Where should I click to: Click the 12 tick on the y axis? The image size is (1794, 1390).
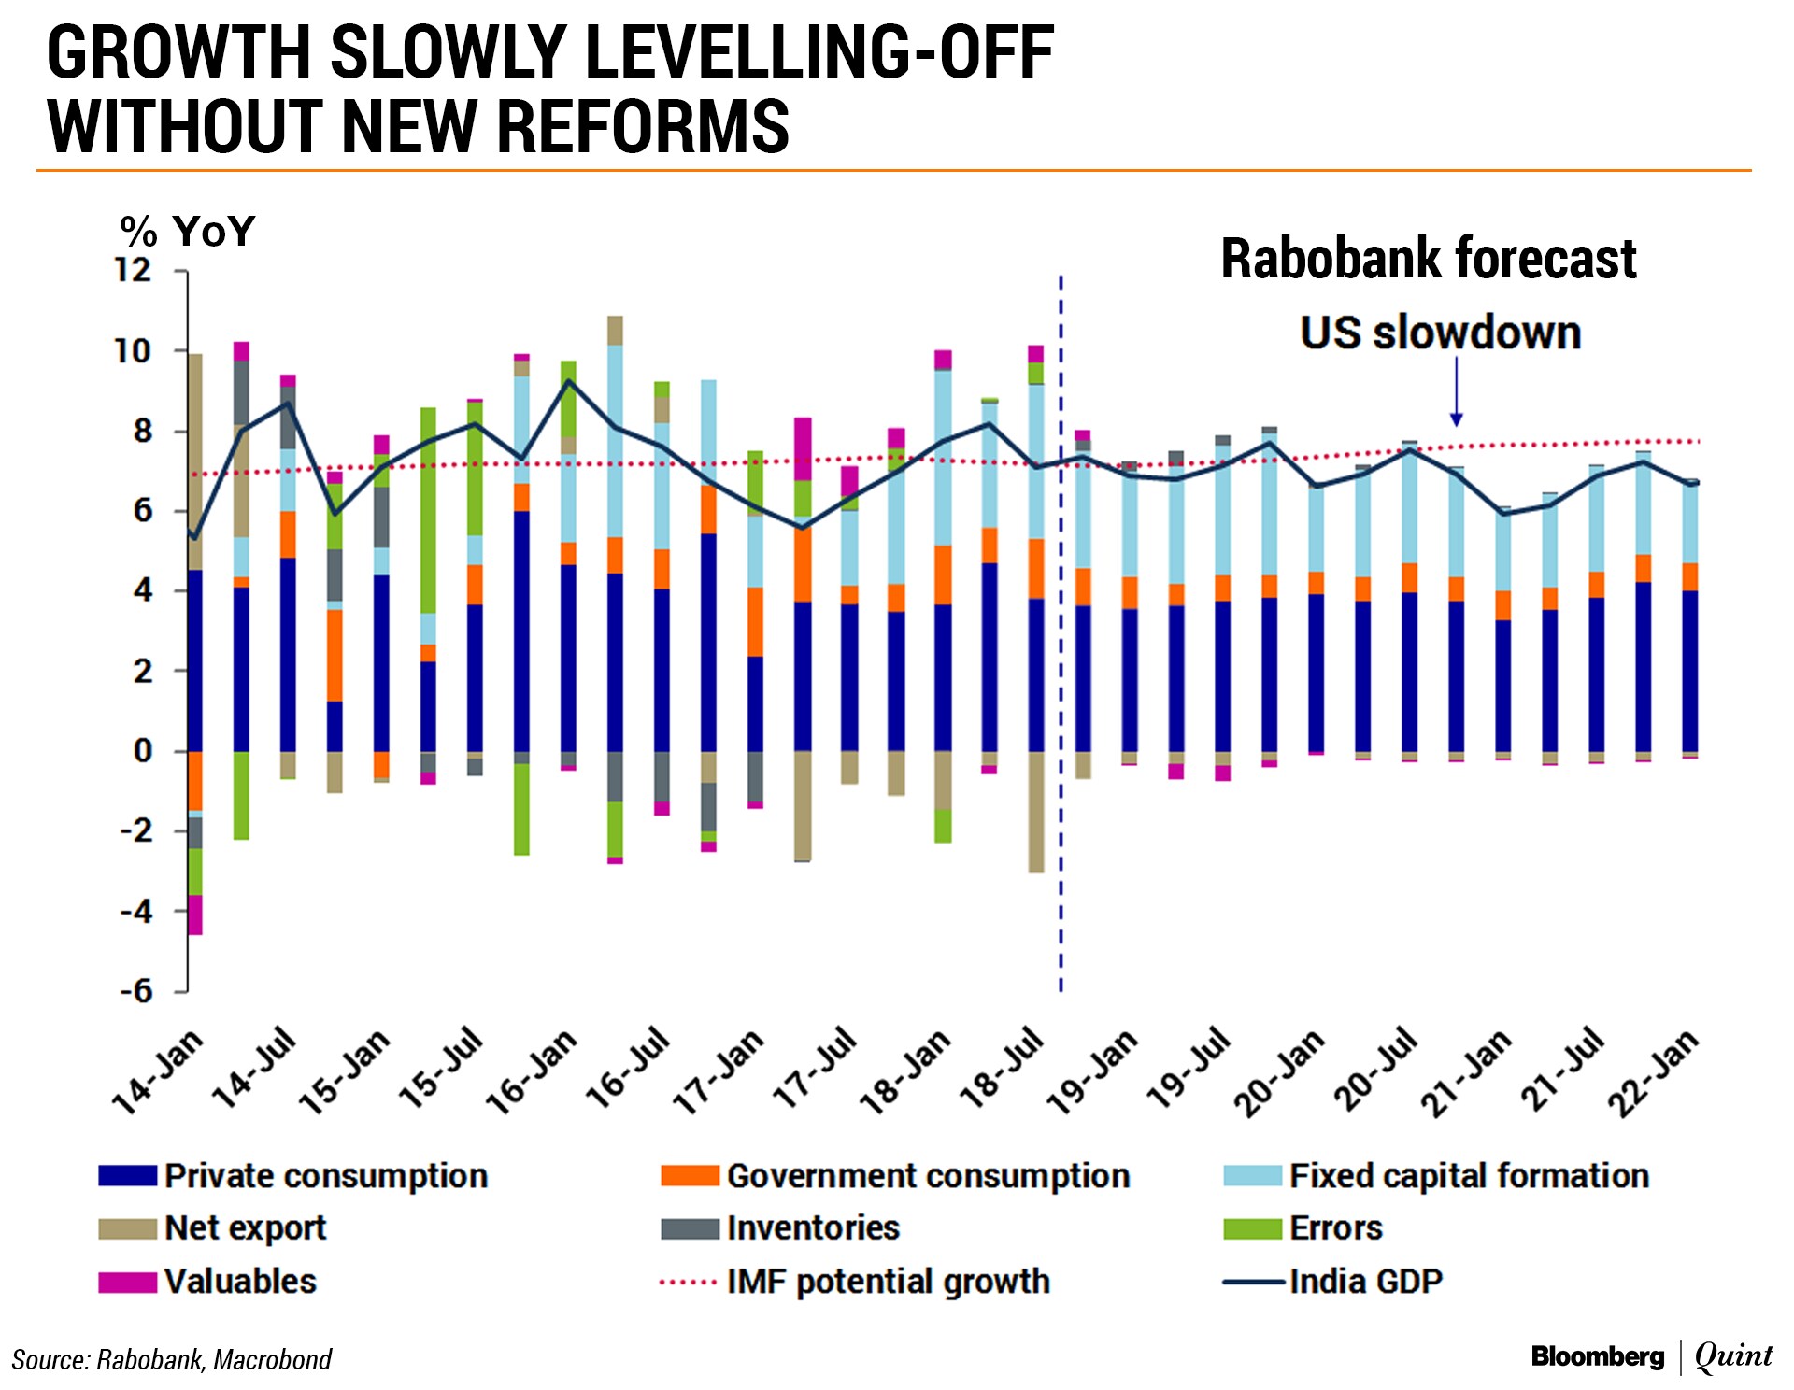coord(133,271)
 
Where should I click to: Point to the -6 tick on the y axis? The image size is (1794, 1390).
coord(136,991)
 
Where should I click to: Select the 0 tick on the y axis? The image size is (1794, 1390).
coord(143,751)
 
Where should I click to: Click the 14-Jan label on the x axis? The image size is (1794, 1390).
coord(157,1072)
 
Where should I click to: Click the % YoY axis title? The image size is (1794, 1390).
coord(188,231)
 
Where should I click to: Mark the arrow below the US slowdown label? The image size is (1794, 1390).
coord(1456,392)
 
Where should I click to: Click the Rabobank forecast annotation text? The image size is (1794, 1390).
coord(1429,259)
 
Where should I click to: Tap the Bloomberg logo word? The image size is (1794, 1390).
coord(1598,1356)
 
